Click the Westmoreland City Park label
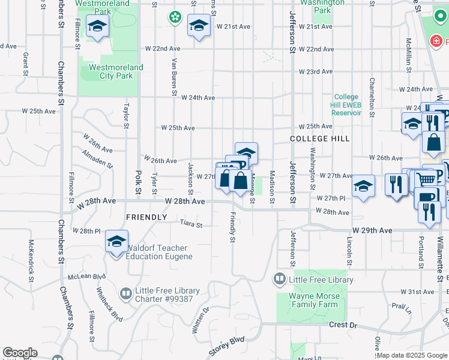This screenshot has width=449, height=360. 116,72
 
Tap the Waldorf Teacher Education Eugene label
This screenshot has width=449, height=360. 159,252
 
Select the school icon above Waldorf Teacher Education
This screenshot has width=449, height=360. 117,242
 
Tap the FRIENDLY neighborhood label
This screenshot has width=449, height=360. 146,217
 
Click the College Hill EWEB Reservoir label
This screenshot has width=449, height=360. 346,105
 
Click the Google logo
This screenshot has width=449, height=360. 20,353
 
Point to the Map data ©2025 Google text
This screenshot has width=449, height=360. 412,355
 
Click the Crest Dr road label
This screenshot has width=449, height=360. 343,325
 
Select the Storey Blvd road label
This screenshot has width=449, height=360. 227,347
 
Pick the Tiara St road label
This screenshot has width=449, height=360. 191,225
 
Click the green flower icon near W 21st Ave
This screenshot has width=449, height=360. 175,17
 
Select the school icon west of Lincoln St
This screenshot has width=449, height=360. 363,187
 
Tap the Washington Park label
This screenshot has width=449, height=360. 323,6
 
